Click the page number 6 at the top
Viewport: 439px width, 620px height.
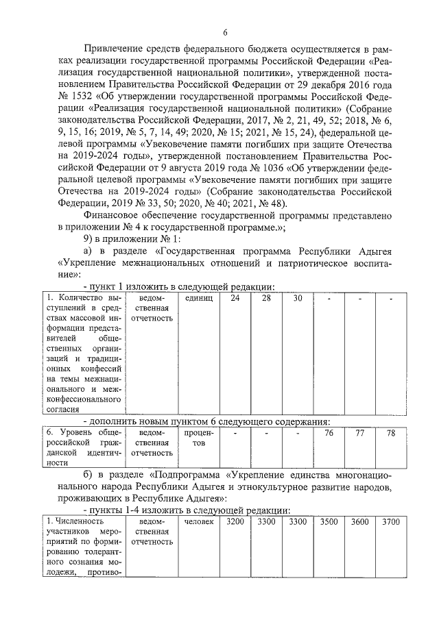click(224, 32)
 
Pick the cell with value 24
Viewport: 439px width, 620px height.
click(235, 299)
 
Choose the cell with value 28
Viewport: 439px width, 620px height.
click(266, 299)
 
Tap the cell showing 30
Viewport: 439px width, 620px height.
click(298, 299)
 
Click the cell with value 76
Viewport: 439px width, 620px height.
click(329, 433)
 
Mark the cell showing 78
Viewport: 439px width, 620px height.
click(391, 433)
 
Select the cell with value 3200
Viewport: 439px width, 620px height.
click(235, 523)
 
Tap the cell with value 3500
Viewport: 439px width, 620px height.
click(329, 523)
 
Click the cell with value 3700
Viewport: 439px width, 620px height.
click(391, 523)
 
